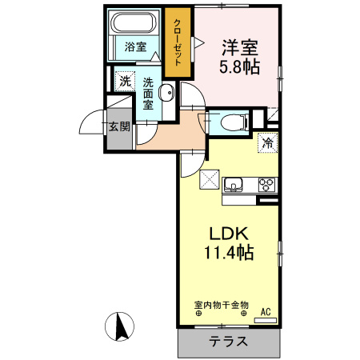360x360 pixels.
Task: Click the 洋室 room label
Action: tap(238, 48)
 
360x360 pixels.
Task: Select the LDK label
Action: tap(231, 234)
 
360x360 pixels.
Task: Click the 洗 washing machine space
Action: tap(124, 80)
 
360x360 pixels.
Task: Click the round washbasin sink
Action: tap(166, 94)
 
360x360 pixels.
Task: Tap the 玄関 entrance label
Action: tap(119, 126)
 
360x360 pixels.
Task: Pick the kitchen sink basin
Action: tap(234, 186)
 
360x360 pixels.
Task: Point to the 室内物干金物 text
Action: tap(222, 306)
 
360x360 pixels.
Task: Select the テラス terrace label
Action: tap(229, 342)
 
